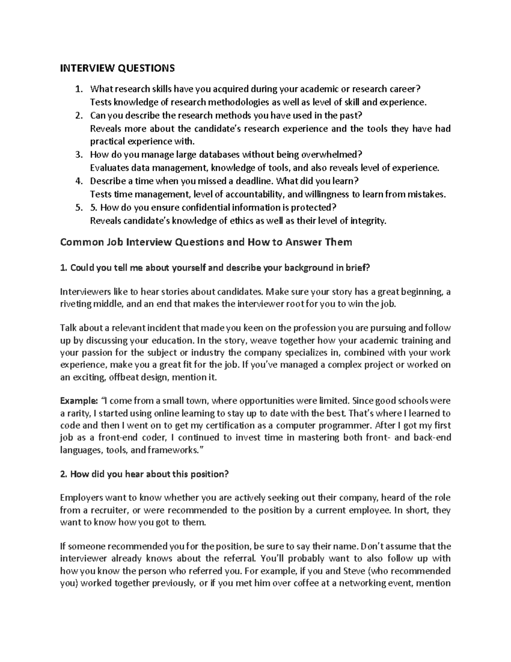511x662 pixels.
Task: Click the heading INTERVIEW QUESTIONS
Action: [x=117, y=68]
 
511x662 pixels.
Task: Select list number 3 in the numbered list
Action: [x=78, y=154]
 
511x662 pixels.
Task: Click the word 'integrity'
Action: [x=368, y=221]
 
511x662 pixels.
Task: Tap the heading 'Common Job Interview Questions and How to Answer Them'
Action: [x=206, y=242]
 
